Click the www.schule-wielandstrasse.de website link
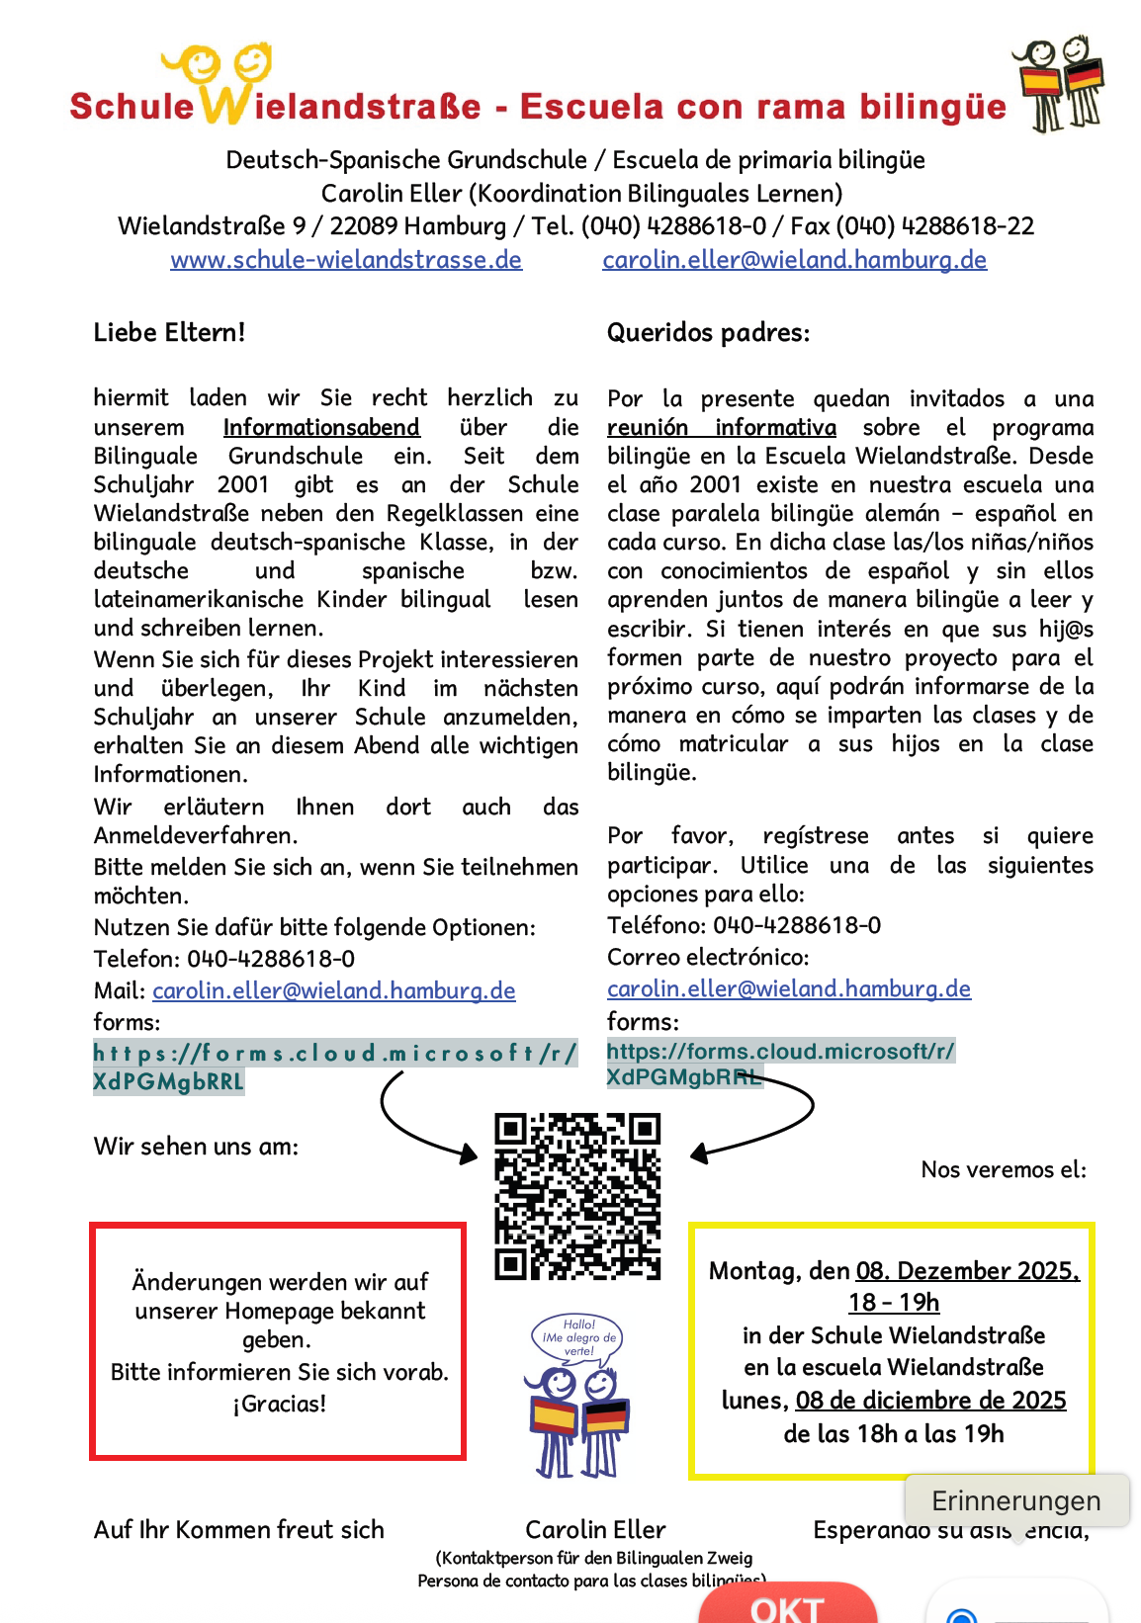(346, 260)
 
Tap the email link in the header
(794, 260)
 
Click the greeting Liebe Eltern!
(169, 332)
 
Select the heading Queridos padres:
(708, 332)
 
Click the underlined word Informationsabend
(321, 427)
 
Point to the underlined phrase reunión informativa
(721, 427)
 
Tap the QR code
(577, 1196)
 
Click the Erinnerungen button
(1015, 1500)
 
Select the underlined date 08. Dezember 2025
(967, 1270)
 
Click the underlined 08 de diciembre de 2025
(930, 1400)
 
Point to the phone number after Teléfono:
(797, 925)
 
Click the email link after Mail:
(334, 990)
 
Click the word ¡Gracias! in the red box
(280, 1404)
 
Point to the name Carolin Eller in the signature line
(595, 1529)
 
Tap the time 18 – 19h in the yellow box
(894, 1303)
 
